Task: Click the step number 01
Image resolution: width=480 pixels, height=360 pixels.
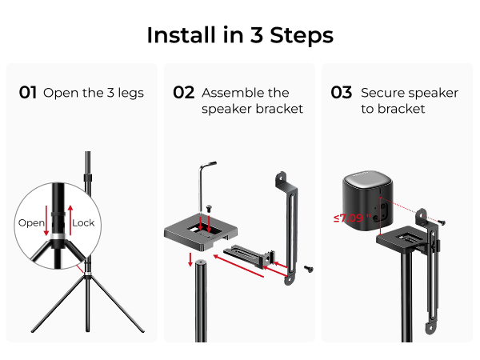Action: click(28, 93)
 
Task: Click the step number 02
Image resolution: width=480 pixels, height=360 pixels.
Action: click(184, 93)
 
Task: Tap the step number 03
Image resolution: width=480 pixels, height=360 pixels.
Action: click(342, 93)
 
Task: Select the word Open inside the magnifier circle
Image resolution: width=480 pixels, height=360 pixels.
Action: click(31, 222)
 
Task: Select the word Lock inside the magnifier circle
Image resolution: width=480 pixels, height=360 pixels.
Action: click(83, 222)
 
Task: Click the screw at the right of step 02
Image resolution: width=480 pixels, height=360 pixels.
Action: click(309, 270)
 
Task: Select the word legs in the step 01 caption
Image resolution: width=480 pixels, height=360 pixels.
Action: click(130, 93)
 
